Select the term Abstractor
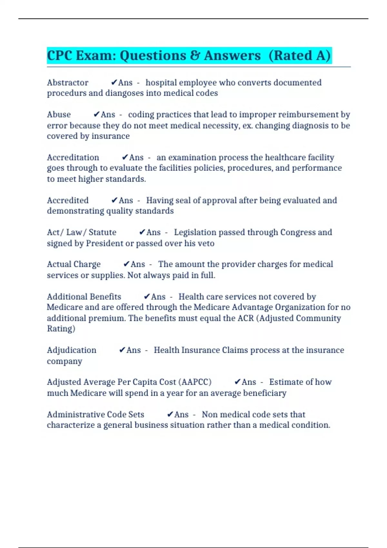[x=67, y=83]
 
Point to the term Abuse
[x=59, y=115]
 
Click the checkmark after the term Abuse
[x=96, y=114]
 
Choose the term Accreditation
[x=73, y=158]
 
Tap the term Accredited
[x=68, y=201]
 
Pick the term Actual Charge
[x=74, y=264]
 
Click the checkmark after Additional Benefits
[x=147, y=297]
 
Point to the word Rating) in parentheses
[x=61, y=329]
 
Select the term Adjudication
[x=72, y=350]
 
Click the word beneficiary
[x=264, y=393]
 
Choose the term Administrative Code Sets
[x=95, y=415]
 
